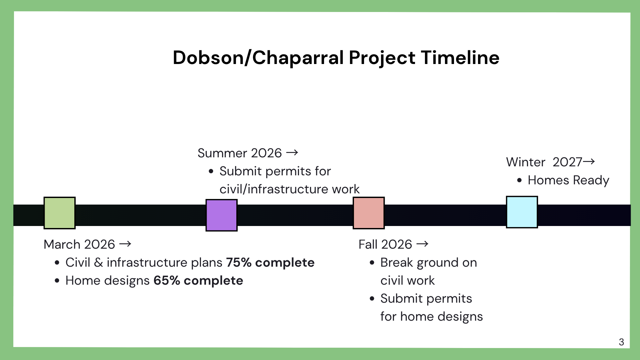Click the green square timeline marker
(x=60, y=213)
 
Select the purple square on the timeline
(x=221, y=215)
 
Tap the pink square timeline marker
(x=369, y=213)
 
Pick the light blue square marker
(x=522, y=212)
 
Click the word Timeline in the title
(x=460, y=58)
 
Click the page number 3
(x=621, y=342)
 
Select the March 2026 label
(x=79, y=244)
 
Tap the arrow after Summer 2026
(x=292, y=153)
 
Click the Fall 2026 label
(x=385, y=244)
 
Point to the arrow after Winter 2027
(x=589, y=162)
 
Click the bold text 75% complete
(x=270, y=263)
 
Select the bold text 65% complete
(x=198, y=281)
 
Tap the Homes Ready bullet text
(x=568, y=180)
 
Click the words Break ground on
(x=428, y=263)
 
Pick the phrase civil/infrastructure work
(x=289, y=189)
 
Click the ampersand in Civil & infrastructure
(x=98, y=263)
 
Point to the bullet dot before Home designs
(x=57, y=281)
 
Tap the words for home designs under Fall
(x=431, y=317)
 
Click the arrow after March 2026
(x=125, y=244)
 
